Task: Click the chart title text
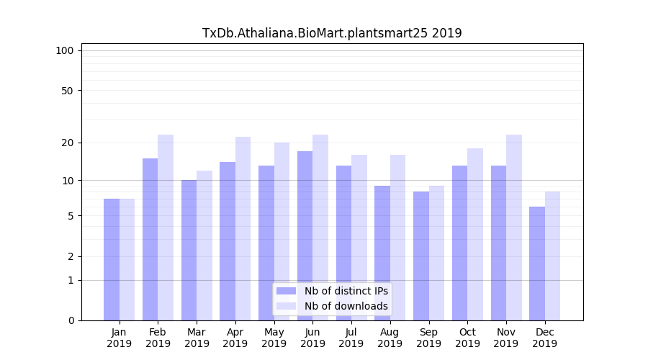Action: [x=332, y=33]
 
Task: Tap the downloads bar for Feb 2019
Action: [x=166, y=228]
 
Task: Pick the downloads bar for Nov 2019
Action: [x=514, y=228]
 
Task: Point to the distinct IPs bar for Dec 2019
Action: [x=537, y=264]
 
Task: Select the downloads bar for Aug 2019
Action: [x=398, y=238]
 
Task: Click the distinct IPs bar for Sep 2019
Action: [x=421, y=256]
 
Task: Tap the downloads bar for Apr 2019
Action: [x=243, y=228]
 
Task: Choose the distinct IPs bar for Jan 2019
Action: [x=112, y=259]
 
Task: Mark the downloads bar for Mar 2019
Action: [x=204, y=246]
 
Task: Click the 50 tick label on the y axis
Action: [x=67, y=91]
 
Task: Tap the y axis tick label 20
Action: [x=67, y=143]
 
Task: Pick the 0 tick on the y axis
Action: [x=70, y=320]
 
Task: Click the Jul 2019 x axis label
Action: [x=351, y=338]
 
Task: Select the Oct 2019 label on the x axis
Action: [x=467, y=338]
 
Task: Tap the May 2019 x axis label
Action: [x=274, y=338]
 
